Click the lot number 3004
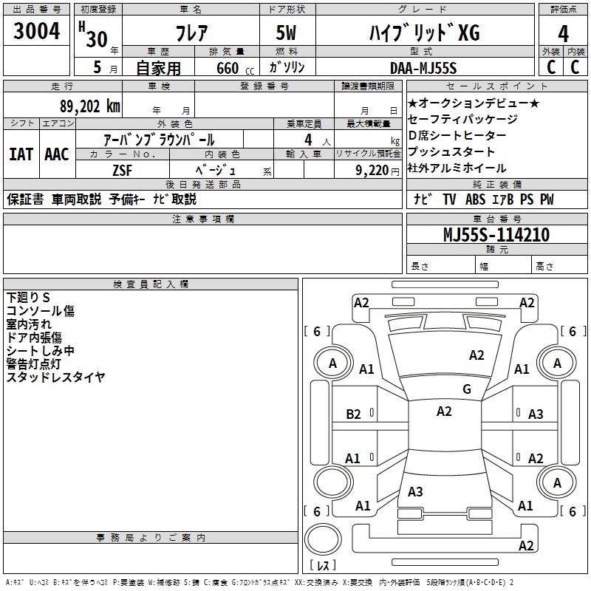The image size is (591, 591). coord(37,32)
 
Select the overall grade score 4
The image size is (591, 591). coord(563,34)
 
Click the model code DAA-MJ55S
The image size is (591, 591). coord(423,68)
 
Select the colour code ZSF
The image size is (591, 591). coord(122,169)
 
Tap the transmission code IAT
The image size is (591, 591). coord(21,154)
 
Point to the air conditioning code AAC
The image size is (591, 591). coord(56,154)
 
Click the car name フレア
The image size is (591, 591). coord(190,34)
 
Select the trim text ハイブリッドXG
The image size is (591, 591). coord(423,34)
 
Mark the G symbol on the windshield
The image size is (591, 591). coord(466,389)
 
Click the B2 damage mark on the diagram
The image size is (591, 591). coord(354,414)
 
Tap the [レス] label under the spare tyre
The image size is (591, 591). coord(323,567)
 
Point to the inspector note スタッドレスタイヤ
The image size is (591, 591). coord(56,378)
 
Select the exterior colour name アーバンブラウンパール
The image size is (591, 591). coord(159,140)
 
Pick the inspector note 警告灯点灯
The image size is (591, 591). coord(34,364)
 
